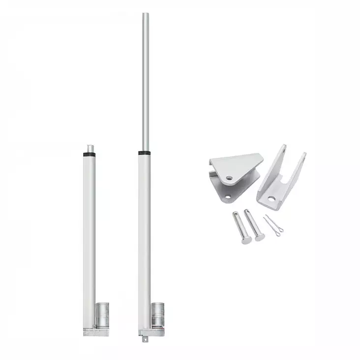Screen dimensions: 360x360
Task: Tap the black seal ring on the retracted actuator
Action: tap(89, 154)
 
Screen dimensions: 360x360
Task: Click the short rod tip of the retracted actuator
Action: tap(90, 148)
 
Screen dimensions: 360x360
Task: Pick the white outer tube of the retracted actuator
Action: tap(89, 236)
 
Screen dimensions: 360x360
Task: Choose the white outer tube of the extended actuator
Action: tap(145, 236)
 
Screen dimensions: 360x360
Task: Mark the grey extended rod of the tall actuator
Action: tap(146, 84)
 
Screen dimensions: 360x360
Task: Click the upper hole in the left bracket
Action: tap(230, 178)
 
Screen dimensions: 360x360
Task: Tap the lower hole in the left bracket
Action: tap(228, 197)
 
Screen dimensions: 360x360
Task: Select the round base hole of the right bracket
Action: tap(272, 199)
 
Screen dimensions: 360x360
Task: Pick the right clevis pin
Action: tap(254, 225)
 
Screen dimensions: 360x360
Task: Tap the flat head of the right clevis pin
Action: tap(259, 237)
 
